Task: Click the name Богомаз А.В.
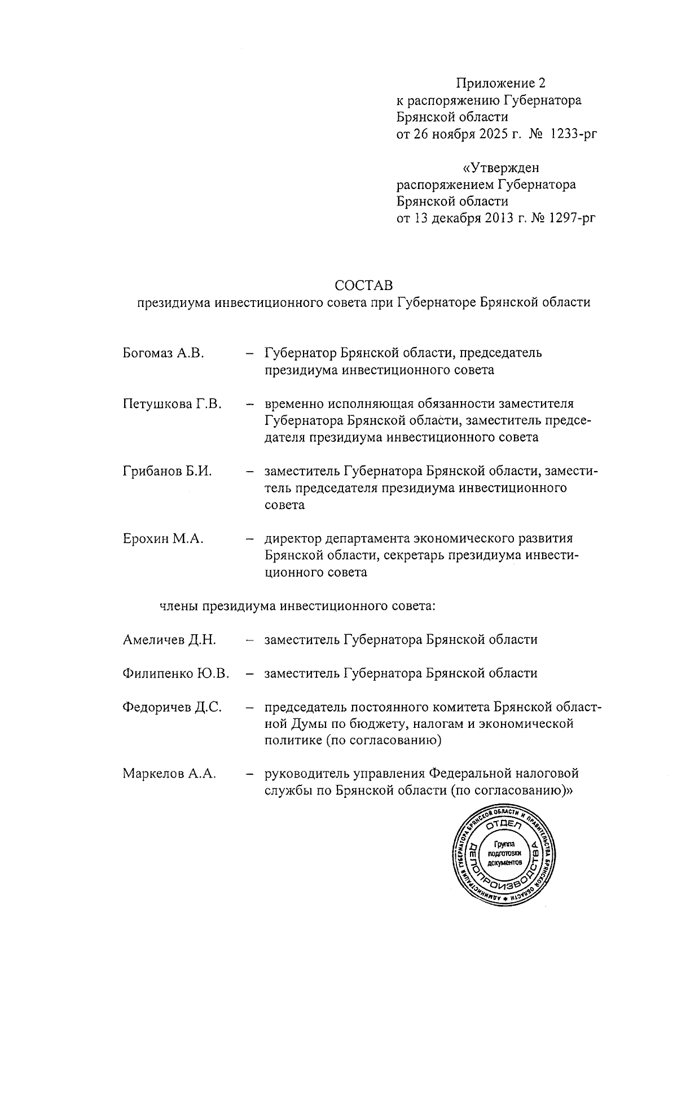pyautogui.click(x=162, y=353)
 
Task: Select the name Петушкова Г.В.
pyautogui.click(x=172, y=403)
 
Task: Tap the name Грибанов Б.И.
pyautogui.click(x=167, y=471)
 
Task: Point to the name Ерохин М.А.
pyautogui.click(x=162, y=538)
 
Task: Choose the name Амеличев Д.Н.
pyautogui.click(x=169, y=640)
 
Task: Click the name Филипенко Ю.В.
pyautogui.click(x=175, y=673)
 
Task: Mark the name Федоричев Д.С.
pyautogui.click(x=172, y=706)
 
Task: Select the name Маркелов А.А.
pyautogui.click(x=169, y=774)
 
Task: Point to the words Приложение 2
pyautogui.click(x=501, y=84)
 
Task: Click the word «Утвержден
pyautogui.click(x=501, y=168)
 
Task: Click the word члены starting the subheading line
pyautogui.click(x=178, y=606)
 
